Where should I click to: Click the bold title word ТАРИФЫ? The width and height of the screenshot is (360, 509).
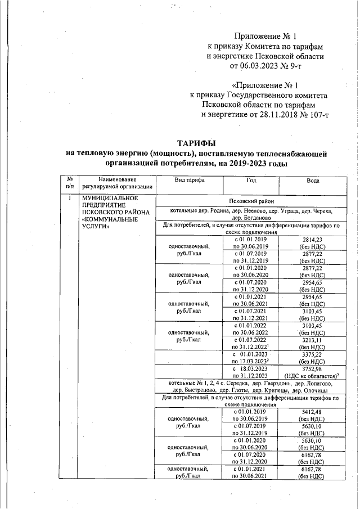coord(196,143)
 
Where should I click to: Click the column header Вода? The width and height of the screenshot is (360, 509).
coord(313,181)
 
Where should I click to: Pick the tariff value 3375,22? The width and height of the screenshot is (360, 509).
coord(313,355)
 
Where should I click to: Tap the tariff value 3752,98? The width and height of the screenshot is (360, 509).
coord(313,369)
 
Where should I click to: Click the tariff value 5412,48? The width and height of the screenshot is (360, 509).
coord(313,411)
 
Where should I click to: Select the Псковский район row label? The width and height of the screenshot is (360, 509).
coord(251,201)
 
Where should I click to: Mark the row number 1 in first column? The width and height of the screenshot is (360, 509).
coord(70,198)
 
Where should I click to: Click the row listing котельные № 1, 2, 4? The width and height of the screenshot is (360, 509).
coord(251,383)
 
